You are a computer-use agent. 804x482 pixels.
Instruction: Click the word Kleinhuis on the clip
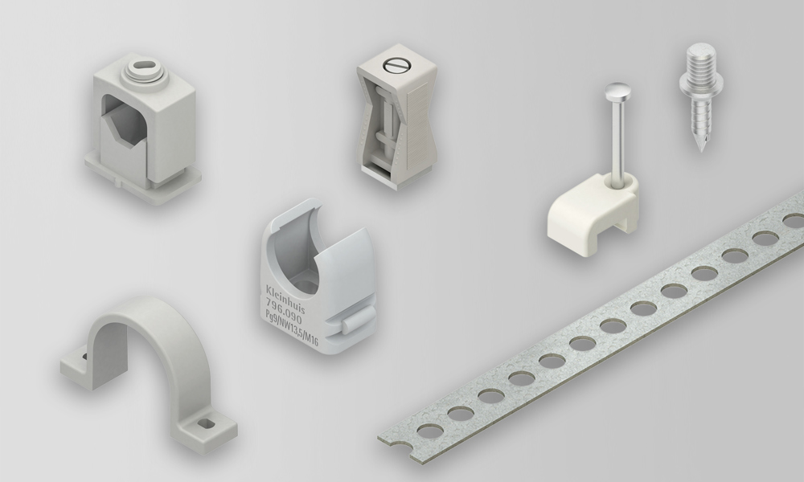(285, 299)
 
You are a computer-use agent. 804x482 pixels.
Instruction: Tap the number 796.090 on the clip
(282, 310)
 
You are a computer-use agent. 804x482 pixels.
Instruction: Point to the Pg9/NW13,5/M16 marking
(291, 327)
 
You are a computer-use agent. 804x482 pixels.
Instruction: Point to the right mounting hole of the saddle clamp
(207, 424)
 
